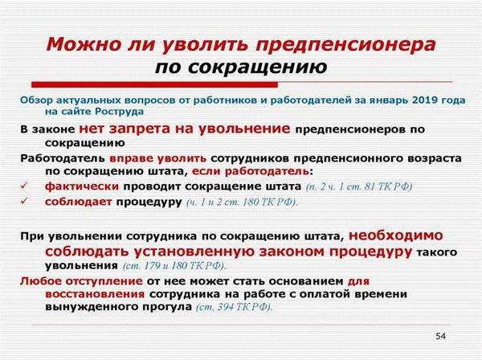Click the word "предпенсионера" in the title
pyautogui.click(x=345, y=45)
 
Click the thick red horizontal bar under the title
pyautogui.click(x=154, y=84)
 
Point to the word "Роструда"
pyautogui.click(x=119, y=111)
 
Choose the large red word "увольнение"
pyautogui.click(x=243, y=129)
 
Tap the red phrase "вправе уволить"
pyautogui.click(x=158, y=158)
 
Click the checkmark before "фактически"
pyautogui.click(x=24, y=186)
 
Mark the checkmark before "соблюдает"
pyautogui.click(x=24, y=201)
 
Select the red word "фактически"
pyautogui.click(x=82, y=186)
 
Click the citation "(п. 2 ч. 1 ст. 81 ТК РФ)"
pyautogui.click(x=359, y=187)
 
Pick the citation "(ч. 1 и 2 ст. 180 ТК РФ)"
pyautogui.click(x=243, y=202)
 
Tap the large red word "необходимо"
pyautogui.click(x=396, y=235)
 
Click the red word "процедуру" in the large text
pyautogui.click(x=370, y=252)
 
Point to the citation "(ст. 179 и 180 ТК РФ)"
pyautogui.click(x=174, y=266)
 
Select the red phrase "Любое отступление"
pyautogui.click(x=81, y=281)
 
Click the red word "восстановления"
pyautogui.click(x=95, y=294)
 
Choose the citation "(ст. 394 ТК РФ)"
pyautogui.click(x=235, y=307)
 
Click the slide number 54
pyautogui.click(x=440, y=336)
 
